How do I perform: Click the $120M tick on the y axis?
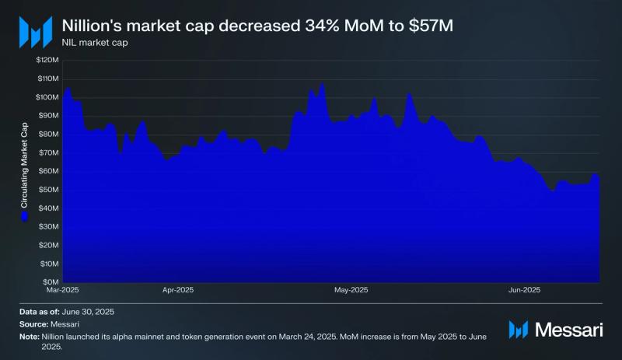[47, 60]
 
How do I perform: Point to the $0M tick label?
[51, 282]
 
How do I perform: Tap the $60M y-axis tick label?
[49, 171]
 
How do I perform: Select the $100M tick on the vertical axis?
[47, 97]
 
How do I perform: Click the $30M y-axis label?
[49, 227]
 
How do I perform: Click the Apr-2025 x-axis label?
[178, 291]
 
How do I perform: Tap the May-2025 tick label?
[351, 291]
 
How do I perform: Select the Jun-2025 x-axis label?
[525, 291]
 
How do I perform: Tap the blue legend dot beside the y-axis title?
[23, 217]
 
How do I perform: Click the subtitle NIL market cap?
[95, 42]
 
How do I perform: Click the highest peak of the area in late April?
[321, 84]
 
